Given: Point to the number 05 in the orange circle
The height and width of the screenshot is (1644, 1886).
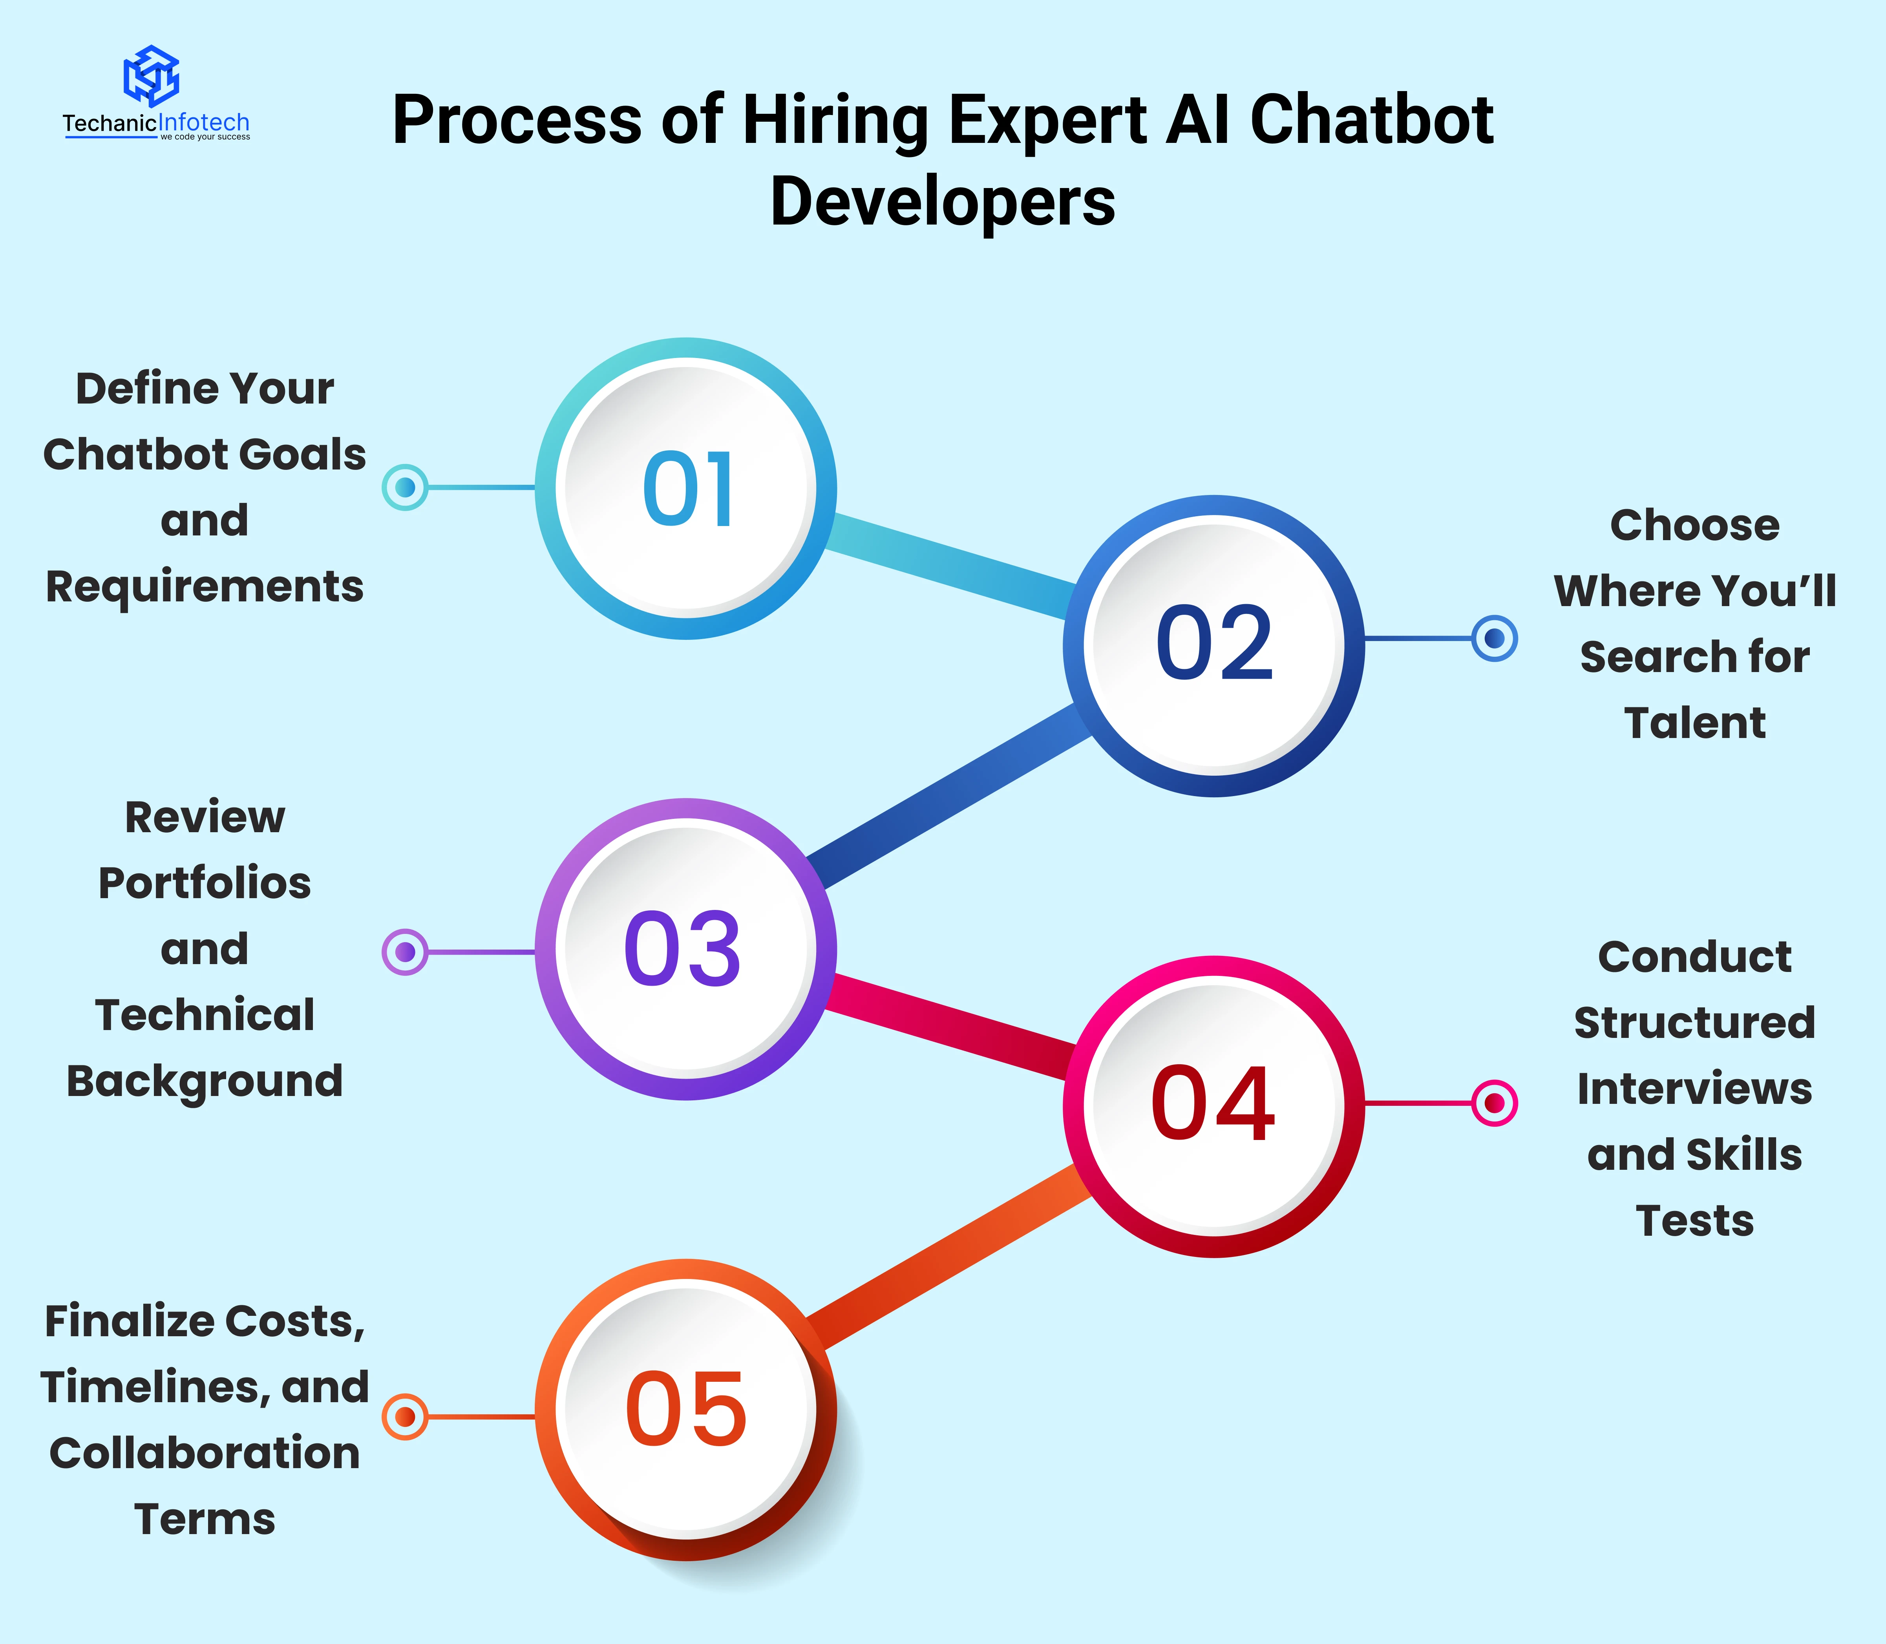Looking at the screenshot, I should (686, 1410).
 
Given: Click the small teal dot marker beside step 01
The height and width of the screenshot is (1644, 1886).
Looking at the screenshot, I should (404, 487).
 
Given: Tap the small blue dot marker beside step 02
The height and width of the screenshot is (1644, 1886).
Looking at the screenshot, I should (1494, 639).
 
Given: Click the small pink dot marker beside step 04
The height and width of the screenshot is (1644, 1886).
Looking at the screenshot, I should (1494, 1103).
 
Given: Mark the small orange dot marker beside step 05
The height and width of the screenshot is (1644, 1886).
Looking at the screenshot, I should (404, 1416).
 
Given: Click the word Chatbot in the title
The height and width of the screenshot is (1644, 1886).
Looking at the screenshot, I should (1371, 120).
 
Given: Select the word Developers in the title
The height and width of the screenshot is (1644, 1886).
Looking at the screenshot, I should (942, 203).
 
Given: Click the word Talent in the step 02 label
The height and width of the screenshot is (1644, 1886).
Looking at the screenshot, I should (1694, 723).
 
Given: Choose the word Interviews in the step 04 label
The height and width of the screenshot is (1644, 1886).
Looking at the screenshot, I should (1694, 1089).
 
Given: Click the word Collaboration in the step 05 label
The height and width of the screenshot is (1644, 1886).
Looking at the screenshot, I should (205, 1453).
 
